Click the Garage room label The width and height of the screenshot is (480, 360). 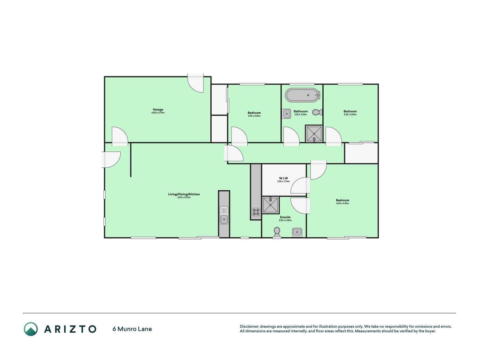158,110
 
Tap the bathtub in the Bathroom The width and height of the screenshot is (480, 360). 303,95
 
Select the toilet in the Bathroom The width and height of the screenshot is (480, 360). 317,112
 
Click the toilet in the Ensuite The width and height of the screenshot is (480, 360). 277,232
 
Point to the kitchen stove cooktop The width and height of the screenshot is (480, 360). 256,212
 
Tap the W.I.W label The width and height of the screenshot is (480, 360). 283,178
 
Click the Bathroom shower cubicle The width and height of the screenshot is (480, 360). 314,133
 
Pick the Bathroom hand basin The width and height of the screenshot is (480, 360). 286,114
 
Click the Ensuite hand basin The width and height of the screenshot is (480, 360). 297,232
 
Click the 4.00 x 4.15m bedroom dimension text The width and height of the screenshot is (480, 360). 342,203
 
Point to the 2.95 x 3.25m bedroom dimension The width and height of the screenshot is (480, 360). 254,116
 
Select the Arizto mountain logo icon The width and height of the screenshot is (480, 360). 31,329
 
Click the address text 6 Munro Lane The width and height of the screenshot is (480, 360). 132,329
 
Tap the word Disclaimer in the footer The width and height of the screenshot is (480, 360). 249,327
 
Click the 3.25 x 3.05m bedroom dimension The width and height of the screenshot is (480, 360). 350,114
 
